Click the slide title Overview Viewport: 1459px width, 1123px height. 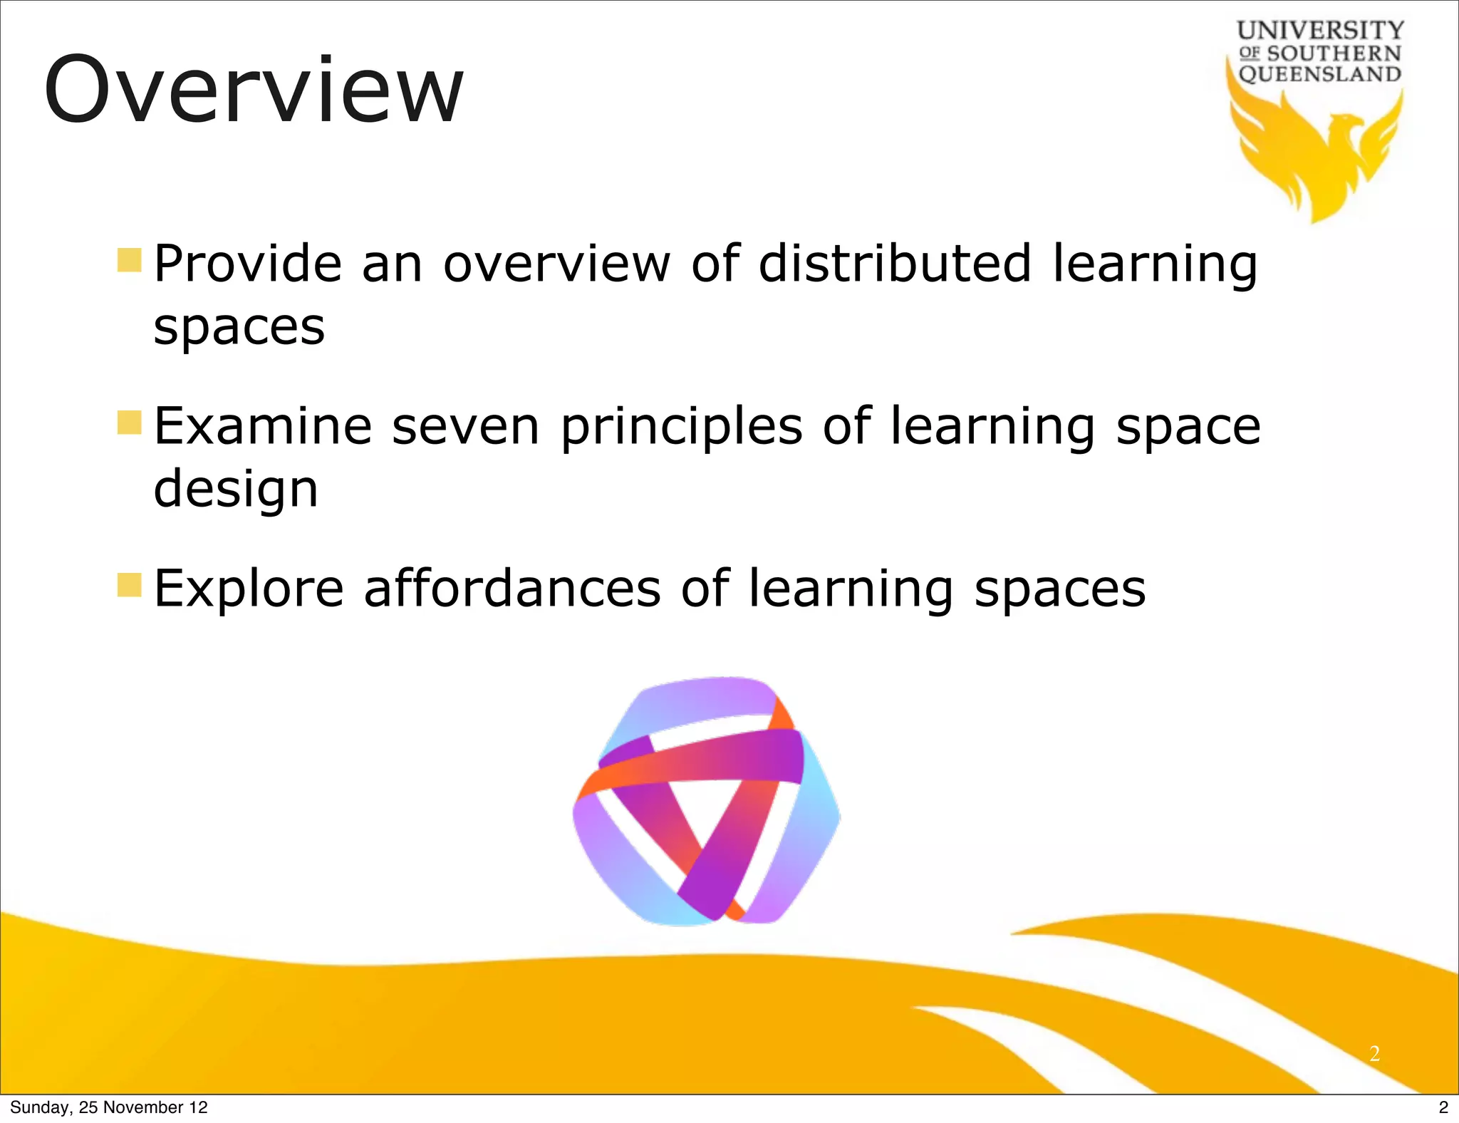coord(254,91)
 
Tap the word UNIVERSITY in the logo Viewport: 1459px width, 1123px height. coord(1320,31)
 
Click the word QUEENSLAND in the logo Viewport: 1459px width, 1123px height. coord(1320,74)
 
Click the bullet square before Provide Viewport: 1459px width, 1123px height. coord(129,260)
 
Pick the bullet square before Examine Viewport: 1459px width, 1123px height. coord(129,422)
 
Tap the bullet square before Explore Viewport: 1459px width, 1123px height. coord(129,584)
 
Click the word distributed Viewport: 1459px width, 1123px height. coord(895,264)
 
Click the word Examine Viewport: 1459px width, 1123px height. coord(263,427)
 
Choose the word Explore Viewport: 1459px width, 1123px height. coord(249,591)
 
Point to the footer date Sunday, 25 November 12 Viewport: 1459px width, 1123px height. coord(108,1107)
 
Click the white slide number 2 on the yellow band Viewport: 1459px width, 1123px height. coord(1374,1053)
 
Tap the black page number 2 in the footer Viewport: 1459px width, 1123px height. coord(1443,1107)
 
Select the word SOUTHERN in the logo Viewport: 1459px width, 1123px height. coord(1334,53)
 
